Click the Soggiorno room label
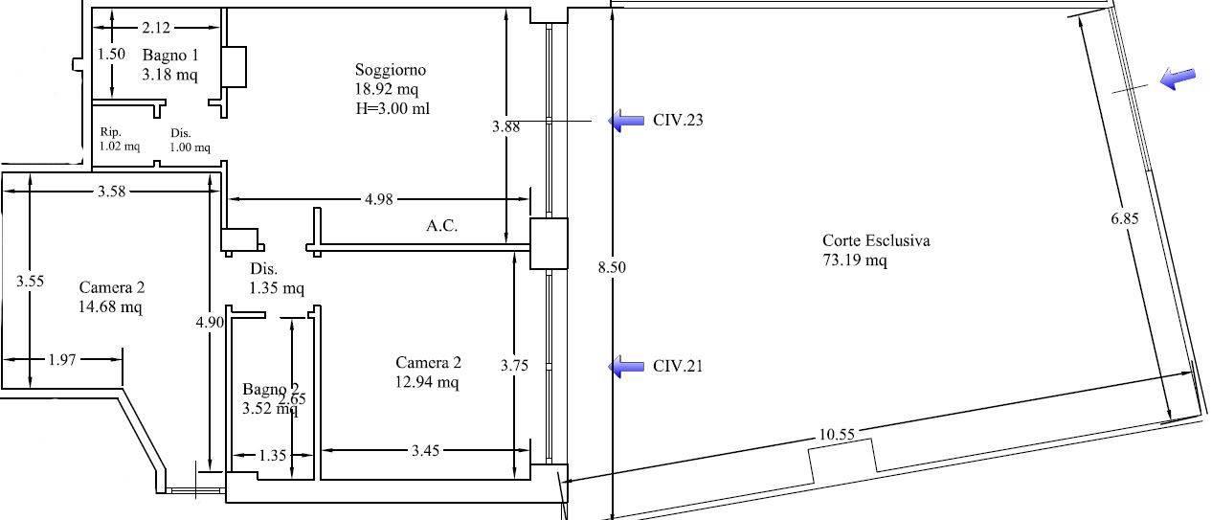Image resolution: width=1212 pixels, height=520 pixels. pyautogui.click(x=390, y=70)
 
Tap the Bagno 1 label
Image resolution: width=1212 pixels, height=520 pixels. pyautogui.click(x=170, y=55)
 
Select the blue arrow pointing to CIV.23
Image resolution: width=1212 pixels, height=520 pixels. pyautogui.click(x=626, y=120)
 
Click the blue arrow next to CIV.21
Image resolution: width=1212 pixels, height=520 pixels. pyautogui.click(x=626, y=367)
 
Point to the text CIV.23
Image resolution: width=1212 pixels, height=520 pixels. pyautogui.click(x=678, y=120)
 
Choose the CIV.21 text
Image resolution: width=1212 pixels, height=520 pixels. pyautogui.click(x=678, y=366)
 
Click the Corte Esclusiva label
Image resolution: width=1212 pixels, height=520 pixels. pyautogui.click(x=876, y=240)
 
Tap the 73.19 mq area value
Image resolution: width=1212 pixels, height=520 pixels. pyautogui.click(x=855, y=260)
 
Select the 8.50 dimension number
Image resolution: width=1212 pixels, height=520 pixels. pyautogui.click(x=612, y=267)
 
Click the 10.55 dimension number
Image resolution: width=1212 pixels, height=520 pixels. pyautogui.click(x=837, y=434)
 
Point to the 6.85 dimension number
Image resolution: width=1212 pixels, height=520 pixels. pyautogui.click(x=1125, y=218)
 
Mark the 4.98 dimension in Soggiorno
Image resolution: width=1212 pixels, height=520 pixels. pyautogui.click(x=379, y=199)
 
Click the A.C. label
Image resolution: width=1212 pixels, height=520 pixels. pyautogui.click(x=441, y=225)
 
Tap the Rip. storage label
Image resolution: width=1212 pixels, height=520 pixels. pyautogui.click(x=111, y=132)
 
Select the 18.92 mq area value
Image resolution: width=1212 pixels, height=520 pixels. pyautogui.click(x=387, y=89)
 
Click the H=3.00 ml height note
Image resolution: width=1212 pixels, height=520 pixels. pyautogui.click(x=393, y=109)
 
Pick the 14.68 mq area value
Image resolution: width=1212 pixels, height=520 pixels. pyautogui.click(x=110, y=306)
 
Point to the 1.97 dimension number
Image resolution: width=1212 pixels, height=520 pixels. pyautogui.click(x=62, y=360)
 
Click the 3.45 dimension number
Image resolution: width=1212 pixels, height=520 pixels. pyautogui.click(x=425, y=451)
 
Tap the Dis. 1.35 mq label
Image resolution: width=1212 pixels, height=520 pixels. pyautogui.click(x=277, y=278)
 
